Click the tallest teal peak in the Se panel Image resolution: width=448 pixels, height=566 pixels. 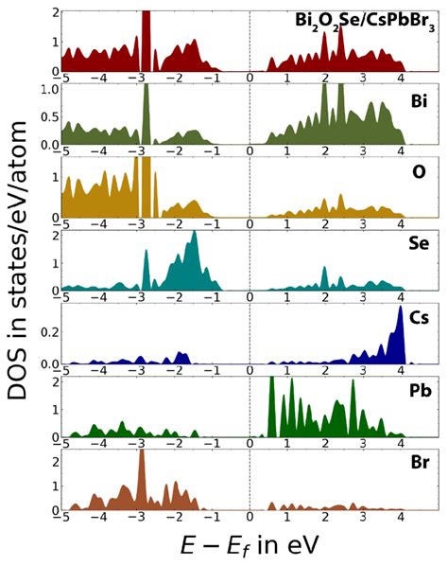(x=194, y=234)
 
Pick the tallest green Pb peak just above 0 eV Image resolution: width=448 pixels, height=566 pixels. (x=271, y=380)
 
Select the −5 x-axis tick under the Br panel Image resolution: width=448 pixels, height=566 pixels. (x=64, y=519)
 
